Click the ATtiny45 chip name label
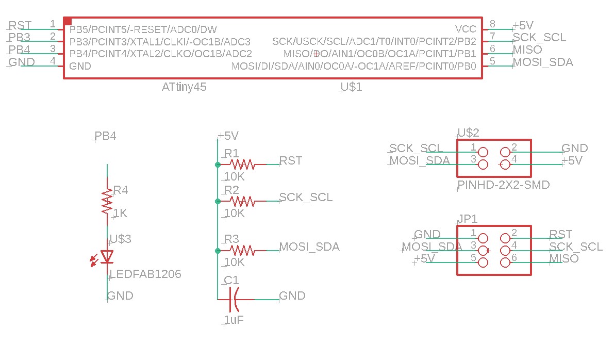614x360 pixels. point(184,87)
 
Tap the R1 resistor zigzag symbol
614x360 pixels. point(242,165)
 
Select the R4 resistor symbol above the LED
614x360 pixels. point(107,202)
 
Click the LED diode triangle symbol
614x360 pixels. point(107,256)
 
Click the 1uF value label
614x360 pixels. point(234,320)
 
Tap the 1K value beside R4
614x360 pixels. point(120,213)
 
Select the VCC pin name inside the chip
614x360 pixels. point(466,28)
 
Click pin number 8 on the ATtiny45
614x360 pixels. point(492,24)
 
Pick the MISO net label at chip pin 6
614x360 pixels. point(527,50)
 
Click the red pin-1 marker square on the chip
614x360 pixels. point(68,21)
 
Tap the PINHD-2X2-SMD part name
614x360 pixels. point(504,185)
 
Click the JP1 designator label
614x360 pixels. point(468,218)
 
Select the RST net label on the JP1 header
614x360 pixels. point(560,235)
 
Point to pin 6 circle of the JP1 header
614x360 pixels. point(505,263)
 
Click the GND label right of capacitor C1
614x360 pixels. point(292,296)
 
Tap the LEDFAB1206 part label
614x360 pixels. point(145,274)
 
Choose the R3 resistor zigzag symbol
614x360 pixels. point(242,251)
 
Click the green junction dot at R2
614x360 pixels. point(218,201)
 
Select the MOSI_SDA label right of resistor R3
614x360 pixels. point(309,247)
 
